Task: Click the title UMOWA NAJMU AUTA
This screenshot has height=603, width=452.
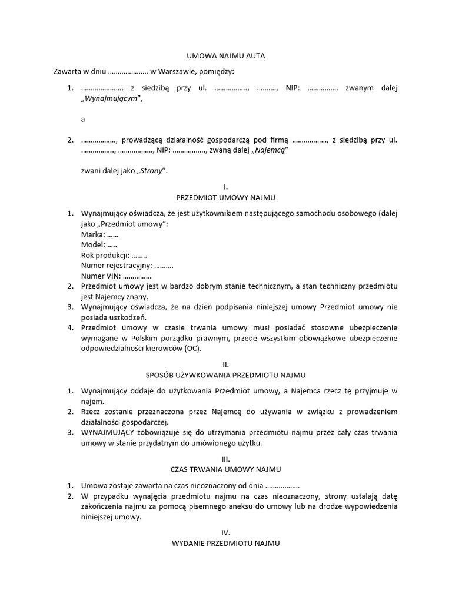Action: pos(225,56)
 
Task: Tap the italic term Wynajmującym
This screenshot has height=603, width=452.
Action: pos(112,99)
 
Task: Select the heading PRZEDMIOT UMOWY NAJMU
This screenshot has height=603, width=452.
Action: pos(225,197)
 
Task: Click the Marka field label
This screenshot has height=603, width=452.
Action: pos(92,234)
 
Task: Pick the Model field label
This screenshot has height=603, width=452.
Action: pos(92,244)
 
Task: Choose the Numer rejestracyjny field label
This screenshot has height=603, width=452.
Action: pos(112,266)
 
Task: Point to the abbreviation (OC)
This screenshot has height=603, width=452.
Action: pos(191,348)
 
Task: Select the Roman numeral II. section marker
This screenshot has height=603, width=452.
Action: pos(226,365)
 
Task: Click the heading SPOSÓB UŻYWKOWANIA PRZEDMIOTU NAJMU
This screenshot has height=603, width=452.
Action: pos(225,375)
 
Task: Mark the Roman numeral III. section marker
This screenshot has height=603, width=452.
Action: pos(226,459)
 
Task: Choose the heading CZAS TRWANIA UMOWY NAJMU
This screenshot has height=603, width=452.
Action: pos(225,469)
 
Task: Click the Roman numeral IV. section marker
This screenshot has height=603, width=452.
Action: pos(226,532)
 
